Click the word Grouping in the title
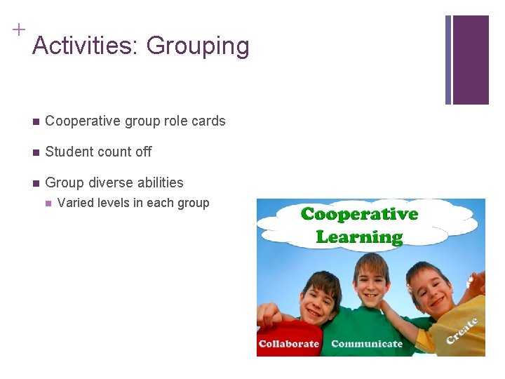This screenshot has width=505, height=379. click(198, 47)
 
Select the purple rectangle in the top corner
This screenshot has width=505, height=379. click(470, 60)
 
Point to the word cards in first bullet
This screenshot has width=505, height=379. click(208, 121)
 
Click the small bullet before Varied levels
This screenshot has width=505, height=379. click(48, 204)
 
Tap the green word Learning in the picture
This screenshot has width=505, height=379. click(359, 237)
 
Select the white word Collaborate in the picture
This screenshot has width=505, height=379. click(289, 344)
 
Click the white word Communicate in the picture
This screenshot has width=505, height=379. click(367, 344)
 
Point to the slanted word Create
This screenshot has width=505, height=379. click(462, 331)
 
